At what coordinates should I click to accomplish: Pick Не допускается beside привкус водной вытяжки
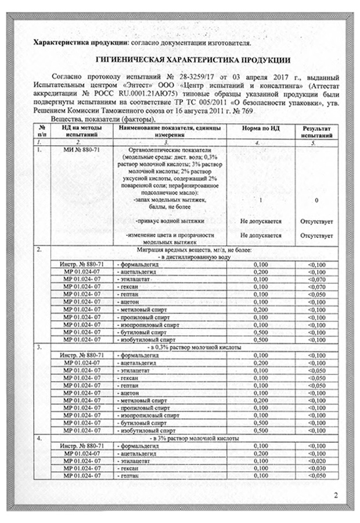coord(261,221)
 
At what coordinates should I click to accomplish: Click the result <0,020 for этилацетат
coord(314,459)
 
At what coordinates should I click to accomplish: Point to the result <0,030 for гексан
coord(314,467)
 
